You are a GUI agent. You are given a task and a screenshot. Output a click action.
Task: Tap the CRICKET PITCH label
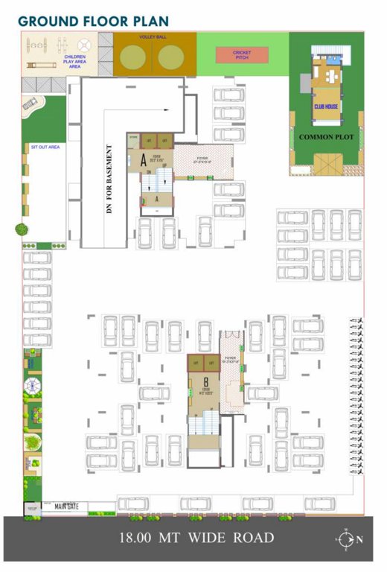coord(242,55)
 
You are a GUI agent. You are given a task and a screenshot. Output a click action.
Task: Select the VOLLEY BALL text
coord(155,36)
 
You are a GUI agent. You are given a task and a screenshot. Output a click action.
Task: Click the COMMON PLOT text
coord(325,138)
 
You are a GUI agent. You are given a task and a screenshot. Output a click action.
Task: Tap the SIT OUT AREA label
coord(45,147)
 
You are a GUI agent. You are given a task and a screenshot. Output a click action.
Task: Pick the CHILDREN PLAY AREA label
coord(74,61)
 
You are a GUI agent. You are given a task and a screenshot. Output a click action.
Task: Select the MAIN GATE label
coord(66,506)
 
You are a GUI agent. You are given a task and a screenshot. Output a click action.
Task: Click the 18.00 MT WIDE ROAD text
coord(196,538)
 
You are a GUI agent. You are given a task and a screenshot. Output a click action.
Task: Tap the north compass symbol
coord(346,538)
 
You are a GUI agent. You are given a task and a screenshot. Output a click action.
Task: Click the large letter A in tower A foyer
coord(143,158)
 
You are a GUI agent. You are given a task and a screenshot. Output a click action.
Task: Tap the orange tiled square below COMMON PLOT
coord(326,162)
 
